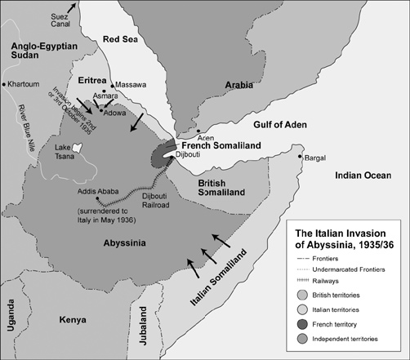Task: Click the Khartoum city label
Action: (27, 84)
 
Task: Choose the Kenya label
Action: (78, 321)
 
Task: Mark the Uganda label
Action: (11, 322)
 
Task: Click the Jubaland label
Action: (144, 322)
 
